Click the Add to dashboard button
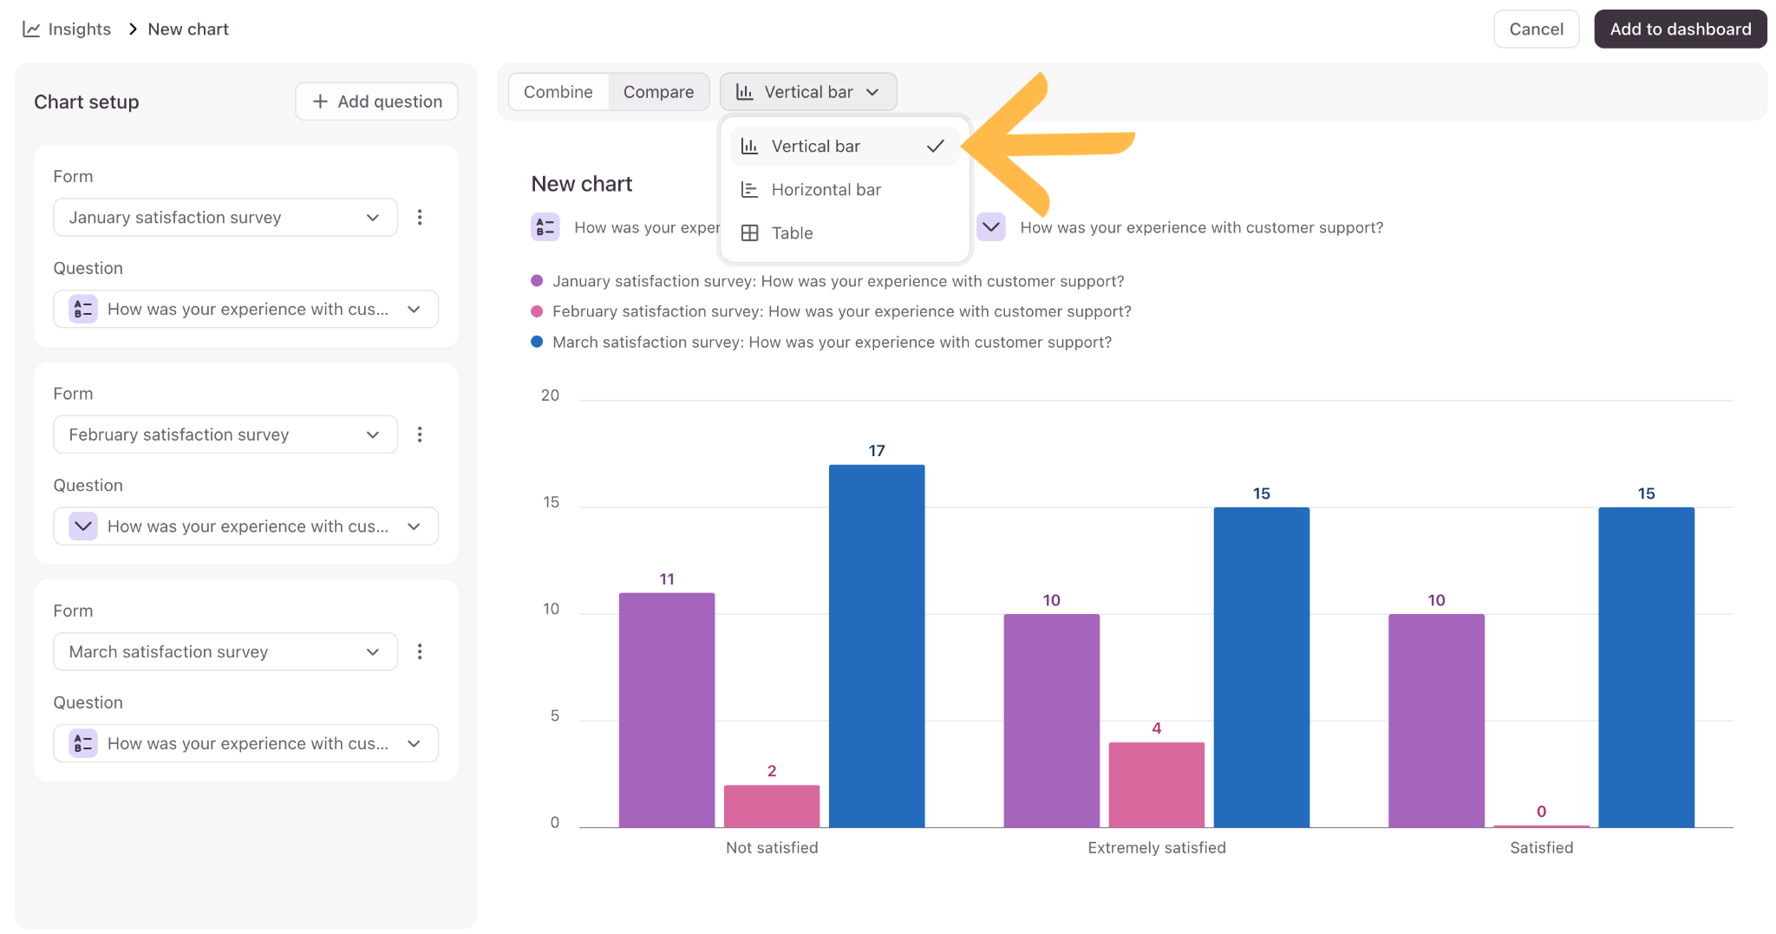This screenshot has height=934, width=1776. tap(1680, 29)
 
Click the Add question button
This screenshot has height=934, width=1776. tap(376, 101)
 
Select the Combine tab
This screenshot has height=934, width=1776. tap(558, 92)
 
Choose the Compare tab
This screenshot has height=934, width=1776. tap(658, 92)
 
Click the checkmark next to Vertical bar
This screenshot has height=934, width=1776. tap(935, 147)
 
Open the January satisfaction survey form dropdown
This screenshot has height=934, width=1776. tap(225, 217)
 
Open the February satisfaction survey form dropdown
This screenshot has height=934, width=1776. tap(225, 434)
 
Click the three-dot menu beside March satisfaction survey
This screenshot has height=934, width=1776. tap(420, 651)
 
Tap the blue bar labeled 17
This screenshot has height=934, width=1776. tap(877, 646)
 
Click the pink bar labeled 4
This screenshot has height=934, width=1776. tap(1157, 785)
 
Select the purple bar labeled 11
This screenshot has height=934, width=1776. tap(667, 710)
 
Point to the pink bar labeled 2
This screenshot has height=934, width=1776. tap(772, 807)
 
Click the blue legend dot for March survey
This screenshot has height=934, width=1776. tap(537, 342)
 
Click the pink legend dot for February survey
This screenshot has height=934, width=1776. tap(537, 311)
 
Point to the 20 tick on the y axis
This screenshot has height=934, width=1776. tap(550, 395)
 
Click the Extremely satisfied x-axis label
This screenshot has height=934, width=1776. tap(1157, 848)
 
